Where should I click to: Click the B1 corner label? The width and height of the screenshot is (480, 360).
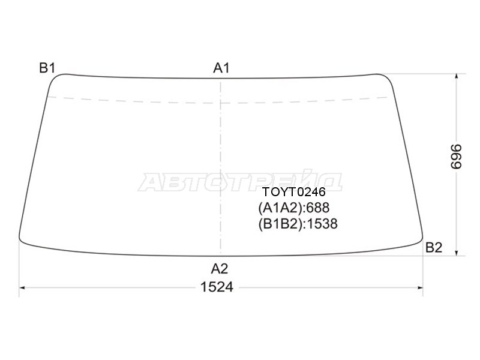(47, 68)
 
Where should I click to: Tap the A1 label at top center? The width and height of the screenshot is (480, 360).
(221, 68)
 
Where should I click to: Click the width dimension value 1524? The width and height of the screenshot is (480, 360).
(217, 287)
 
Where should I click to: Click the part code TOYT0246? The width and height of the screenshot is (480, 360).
(294, 193)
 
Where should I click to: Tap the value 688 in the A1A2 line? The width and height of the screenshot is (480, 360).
(318, 208)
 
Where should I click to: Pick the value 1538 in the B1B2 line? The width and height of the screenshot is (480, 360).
(322, 224)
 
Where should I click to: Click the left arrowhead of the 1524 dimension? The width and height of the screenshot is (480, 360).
(22, 287)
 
